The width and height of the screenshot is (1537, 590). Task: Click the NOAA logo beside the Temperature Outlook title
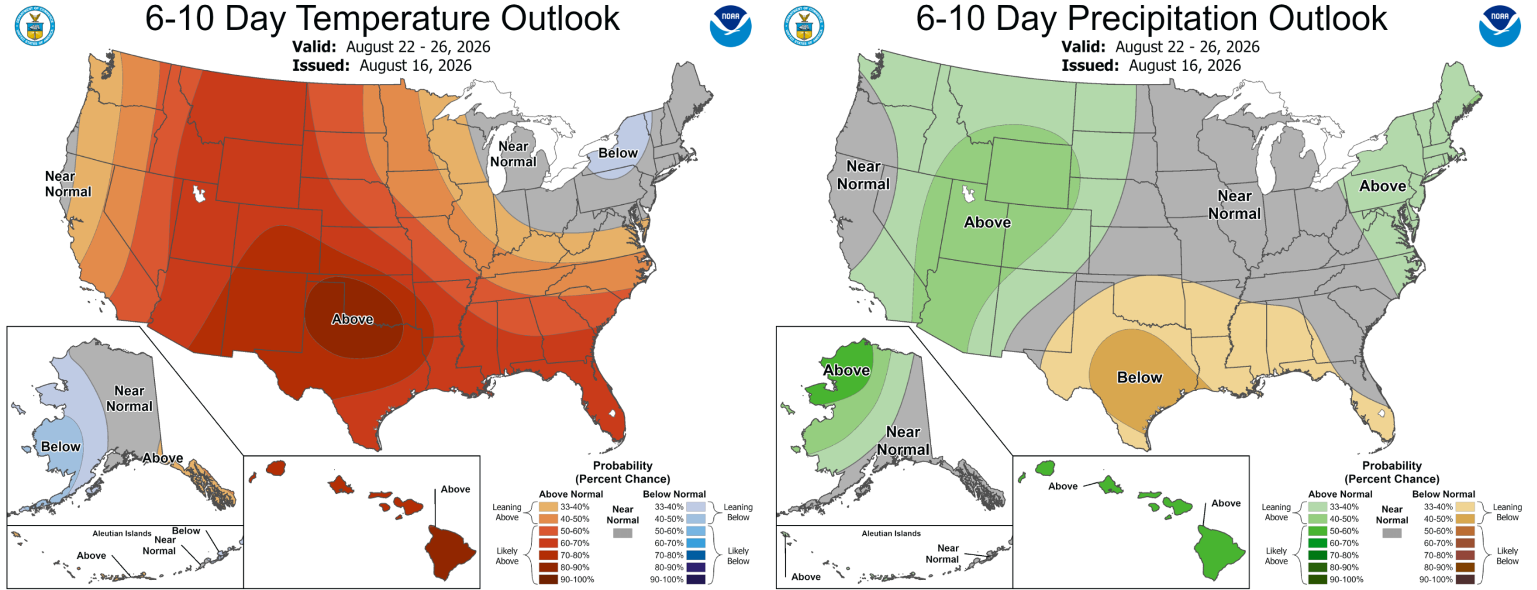point(730,26)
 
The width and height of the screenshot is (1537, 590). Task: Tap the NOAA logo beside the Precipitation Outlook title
point(1499,26)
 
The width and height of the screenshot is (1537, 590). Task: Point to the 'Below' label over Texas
point(1140,377)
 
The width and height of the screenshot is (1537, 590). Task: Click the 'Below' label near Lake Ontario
point(618,153)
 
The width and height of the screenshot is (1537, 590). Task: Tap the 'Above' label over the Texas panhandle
point(352,320)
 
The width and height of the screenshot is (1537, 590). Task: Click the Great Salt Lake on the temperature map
point(199,194)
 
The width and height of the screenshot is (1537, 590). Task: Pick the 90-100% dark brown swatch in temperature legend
point(548,580)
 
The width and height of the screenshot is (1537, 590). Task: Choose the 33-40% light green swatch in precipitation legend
point(1317,507)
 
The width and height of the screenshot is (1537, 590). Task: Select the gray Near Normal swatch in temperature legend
point(623,533)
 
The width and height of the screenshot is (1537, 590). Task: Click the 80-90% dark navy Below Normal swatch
point(696,567)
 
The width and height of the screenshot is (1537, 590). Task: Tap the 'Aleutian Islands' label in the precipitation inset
point(891,534)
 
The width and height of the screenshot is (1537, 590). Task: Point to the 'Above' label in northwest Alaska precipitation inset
point(847,370)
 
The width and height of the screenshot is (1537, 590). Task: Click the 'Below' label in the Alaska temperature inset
point(61,447)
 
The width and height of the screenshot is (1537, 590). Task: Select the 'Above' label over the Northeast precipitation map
point(1383,186)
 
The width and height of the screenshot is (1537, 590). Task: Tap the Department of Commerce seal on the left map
point(35,26)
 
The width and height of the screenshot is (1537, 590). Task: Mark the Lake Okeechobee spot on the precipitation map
point(1381,413)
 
